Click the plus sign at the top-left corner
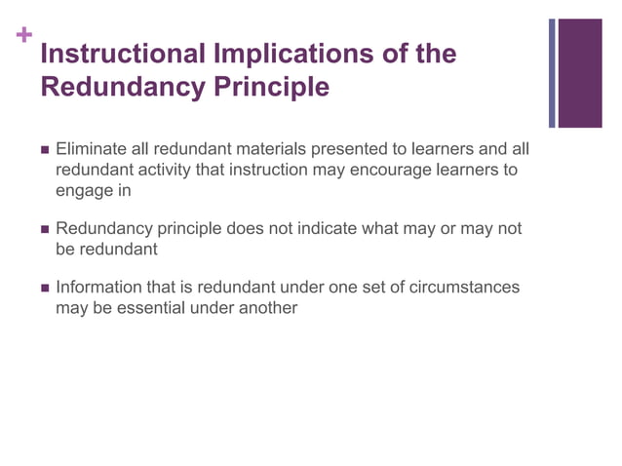click(23, 37)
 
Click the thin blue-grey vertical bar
click(552, 73)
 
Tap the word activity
click(165, 170)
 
